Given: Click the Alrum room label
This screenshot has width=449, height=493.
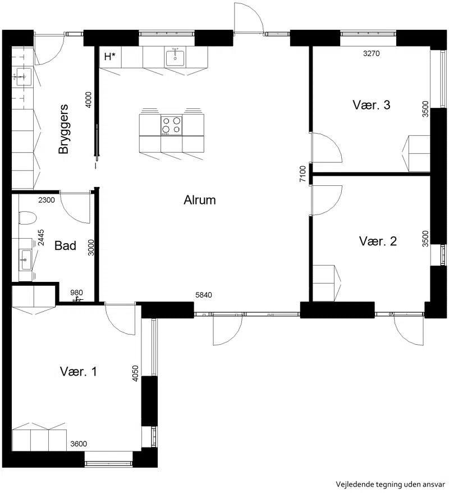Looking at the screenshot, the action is coord(199,200).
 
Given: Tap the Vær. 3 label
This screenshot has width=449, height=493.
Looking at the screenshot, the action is coord(372,105).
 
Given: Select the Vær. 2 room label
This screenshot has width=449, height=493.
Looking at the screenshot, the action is coord(378,241).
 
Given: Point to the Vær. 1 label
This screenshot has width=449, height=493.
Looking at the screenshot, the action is coord(78,371).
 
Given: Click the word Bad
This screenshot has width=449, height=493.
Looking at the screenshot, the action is coord(65,245).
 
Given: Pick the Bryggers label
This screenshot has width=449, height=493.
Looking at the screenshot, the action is coord(64,129).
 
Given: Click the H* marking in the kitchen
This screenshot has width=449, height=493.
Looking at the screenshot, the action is coord(109,57).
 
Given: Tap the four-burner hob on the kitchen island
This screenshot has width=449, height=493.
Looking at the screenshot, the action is coord(171,125).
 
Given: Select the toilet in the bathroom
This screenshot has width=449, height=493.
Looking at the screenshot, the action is coord(28,218).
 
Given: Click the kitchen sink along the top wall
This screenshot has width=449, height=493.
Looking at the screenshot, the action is coord(175,57).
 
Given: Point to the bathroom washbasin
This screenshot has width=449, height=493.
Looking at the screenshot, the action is coord(25,259).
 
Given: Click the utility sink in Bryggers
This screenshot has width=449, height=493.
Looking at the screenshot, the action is coord(22,76).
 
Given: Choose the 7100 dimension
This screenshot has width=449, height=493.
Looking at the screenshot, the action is coord(303,174).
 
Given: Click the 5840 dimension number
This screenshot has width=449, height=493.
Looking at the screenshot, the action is coord(204,295).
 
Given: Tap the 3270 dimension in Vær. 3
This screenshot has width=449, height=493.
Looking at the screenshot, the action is coord(372,53).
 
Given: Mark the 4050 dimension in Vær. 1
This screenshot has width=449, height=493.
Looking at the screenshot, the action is coord(135,373).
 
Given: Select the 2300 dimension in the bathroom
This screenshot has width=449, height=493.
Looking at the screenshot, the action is coord(47,200).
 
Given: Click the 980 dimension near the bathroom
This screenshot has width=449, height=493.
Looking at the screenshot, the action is coord(76,293).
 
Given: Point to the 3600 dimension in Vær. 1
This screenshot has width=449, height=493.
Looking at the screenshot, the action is coord(79,444).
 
